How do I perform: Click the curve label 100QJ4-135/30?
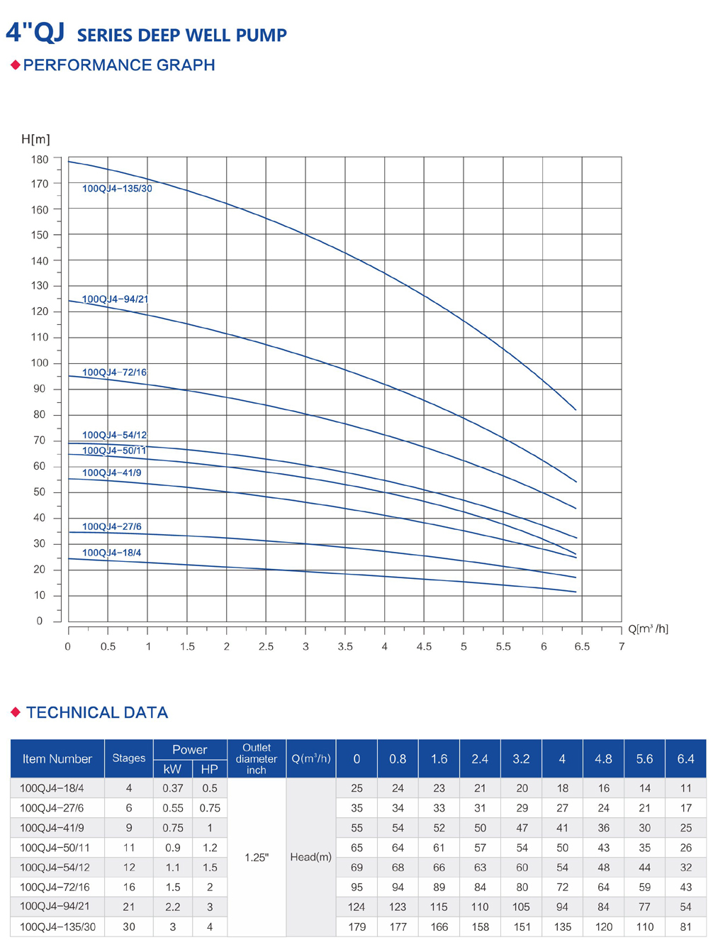pyautogui.click(x=117, y=189)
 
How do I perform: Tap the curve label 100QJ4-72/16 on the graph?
pyautogui.click(x=114, y=372)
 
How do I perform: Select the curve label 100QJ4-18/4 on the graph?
pyautogui.click(x=111, y=553)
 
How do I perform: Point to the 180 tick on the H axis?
pyautogui.click(x=40, y=160)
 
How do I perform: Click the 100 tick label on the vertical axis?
pyautogui.click(x=40, y=363)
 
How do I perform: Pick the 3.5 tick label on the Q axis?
pyautogui.click(x=345, y=647)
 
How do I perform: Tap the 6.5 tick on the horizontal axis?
pyautogui.click(x=582, y=647)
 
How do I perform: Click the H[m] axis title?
pyautogui.click(x=35, y=139)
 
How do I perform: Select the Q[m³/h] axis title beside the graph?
pyautogui.click(x=648, y=629)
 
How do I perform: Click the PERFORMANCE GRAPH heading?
pyautogui.click(x=118, y=65)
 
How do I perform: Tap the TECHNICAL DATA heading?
pyautogui.click(x=96, y=713)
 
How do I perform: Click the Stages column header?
pyautogui.click(x=128, y=758)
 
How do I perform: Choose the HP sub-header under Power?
pyautogui.click(x=209, y=769)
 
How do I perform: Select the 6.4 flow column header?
pyautogui.click(x=685, y=758)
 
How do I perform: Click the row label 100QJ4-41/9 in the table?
pyautogui.click(x=52, y=828)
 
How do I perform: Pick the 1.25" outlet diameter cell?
pyautogui.click(x=257, y=857)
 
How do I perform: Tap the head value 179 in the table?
pyautogui.click(x=356, y=927)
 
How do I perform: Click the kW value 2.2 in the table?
pyautogui.click(x=172, y=907)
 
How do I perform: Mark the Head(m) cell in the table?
pyautogui.click(x=310, y=857)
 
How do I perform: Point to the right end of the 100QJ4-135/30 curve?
pyautogui.click(x=576, y=410)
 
